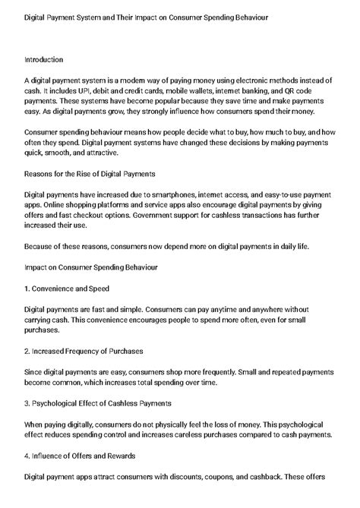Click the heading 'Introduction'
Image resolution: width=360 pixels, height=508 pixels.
pyautogui.click(x=43, y=59)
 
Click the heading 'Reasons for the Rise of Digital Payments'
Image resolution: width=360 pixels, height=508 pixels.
pyautogui.click(x=90, y=173)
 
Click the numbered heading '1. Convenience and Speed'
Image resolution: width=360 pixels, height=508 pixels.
pyautogui.click(x=67, y=288)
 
